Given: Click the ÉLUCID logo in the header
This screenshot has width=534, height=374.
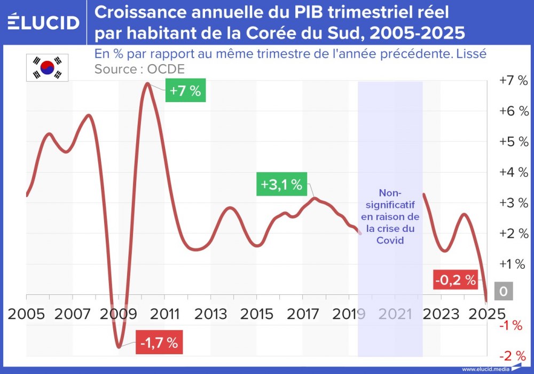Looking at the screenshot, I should coord(44,22).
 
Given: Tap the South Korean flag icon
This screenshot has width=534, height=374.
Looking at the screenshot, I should coord(44,68).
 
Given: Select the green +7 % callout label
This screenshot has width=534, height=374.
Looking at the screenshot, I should coord(185,91).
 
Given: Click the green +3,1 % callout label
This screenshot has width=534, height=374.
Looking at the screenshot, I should coord(281,185).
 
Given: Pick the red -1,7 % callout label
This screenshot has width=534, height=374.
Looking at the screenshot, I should coord(159,343).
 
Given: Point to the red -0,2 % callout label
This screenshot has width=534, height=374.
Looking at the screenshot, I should coord(455,279).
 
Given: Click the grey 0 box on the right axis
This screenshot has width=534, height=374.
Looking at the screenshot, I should coord(504,292).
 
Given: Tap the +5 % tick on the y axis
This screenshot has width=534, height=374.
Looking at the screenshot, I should coord(513,142).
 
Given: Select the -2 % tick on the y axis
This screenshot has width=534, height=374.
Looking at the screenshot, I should coord(513,356).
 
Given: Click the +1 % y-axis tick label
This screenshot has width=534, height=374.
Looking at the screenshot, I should coord(513,264).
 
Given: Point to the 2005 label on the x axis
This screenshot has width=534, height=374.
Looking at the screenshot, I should coord(26,314).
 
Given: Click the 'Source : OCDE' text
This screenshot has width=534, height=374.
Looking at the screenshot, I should coord(139,69).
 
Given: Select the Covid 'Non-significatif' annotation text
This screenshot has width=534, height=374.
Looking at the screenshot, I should coord(390,216).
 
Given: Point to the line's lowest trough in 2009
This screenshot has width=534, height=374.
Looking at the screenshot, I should coord(119,347).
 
